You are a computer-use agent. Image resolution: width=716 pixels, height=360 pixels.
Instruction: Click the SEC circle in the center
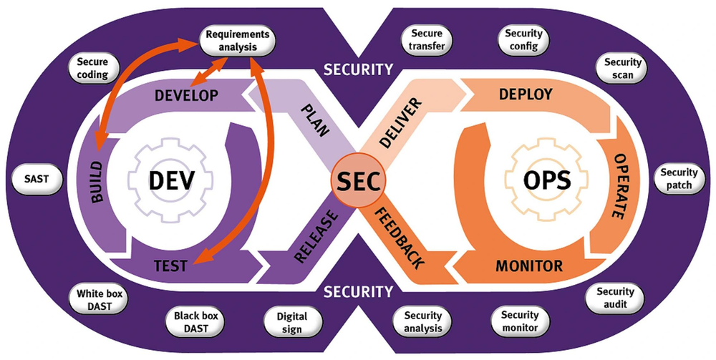pyautogui.click(x=357, y=180)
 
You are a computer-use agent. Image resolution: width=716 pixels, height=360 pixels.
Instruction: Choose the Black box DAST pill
pyautogui.click(x=195, y=321)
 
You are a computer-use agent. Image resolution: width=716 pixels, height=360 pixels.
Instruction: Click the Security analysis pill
pyautogui.click(x=423, y=321)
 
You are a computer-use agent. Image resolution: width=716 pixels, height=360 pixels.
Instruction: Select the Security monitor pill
pyautogui.click(x=520, y=321)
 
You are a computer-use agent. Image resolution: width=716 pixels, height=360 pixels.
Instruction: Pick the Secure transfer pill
pyautogui.click(x=427, y=41)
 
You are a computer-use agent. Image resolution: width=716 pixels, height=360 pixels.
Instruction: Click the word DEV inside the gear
pyautogui.click(x=172, y=179)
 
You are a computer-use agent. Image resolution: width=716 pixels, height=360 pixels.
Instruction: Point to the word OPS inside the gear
pyautogui.click(x=546, y=179)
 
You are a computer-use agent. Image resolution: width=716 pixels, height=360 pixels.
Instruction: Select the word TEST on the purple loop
pyautogui.click(x=170, y=267)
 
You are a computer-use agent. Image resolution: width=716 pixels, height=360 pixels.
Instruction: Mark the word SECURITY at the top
pyautogui.click(x=358, y=69)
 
